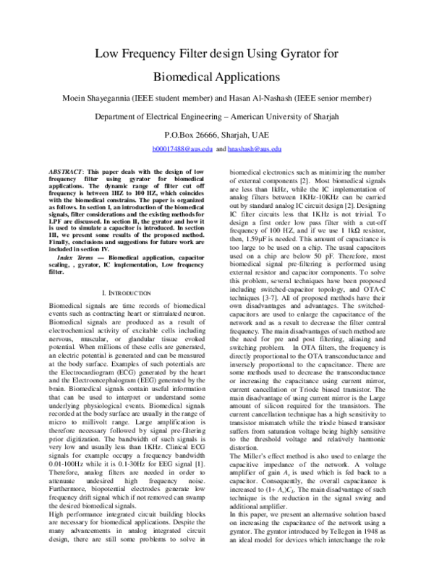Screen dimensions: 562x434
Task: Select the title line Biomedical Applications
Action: (x=216, y=75)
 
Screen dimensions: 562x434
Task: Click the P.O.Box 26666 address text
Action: (x=190, y=134)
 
